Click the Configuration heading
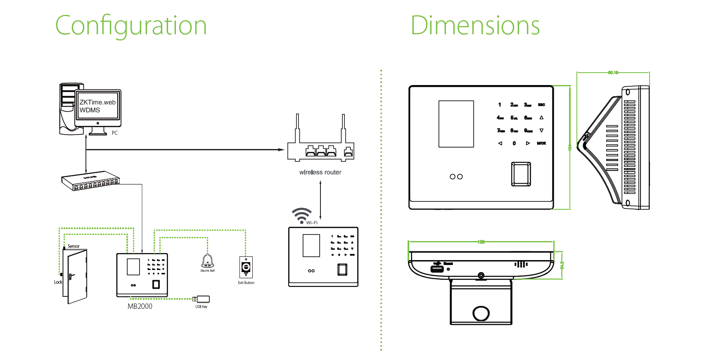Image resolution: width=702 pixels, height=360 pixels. click(131, 26)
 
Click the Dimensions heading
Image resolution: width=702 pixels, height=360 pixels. click(475, 26)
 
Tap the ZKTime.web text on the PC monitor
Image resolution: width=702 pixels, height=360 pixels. click(97, 102)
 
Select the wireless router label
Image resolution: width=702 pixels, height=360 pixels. click(320, 172)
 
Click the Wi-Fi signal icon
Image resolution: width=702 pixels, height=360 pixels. click(301, 215)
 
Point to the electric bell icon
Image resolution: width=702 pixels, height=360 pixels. click(207, 261)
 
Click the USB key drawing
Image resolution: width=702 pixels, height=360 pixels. click(202, 299)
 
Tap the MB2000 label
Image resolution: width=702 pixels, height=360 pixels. click(140, 306)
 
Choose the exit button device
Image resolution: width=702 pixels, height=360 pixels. click(246, 268)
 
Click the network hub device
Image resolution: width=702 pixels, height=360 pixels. click(90, 181)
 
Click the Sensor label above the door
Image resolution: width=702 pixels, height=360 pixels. click(74, 246)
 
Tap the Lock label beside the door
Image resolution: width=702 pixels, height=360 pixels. click(58, 282)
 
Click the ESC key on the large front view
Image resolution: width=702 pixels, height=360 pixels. click(541, 105)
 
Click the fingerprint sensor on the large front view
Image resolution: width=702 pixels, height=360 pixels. click(521, 174)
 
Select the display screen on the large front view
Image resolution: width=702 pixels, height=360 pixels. click(456, 124)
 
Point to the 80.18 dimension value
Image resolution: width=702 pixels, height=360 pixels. click(613, 73)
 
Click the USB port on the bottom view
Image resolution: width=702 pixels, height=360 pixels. click(437, 269)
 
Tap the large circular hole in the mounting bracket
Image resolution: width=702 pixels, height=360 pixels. click(481, 313)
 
